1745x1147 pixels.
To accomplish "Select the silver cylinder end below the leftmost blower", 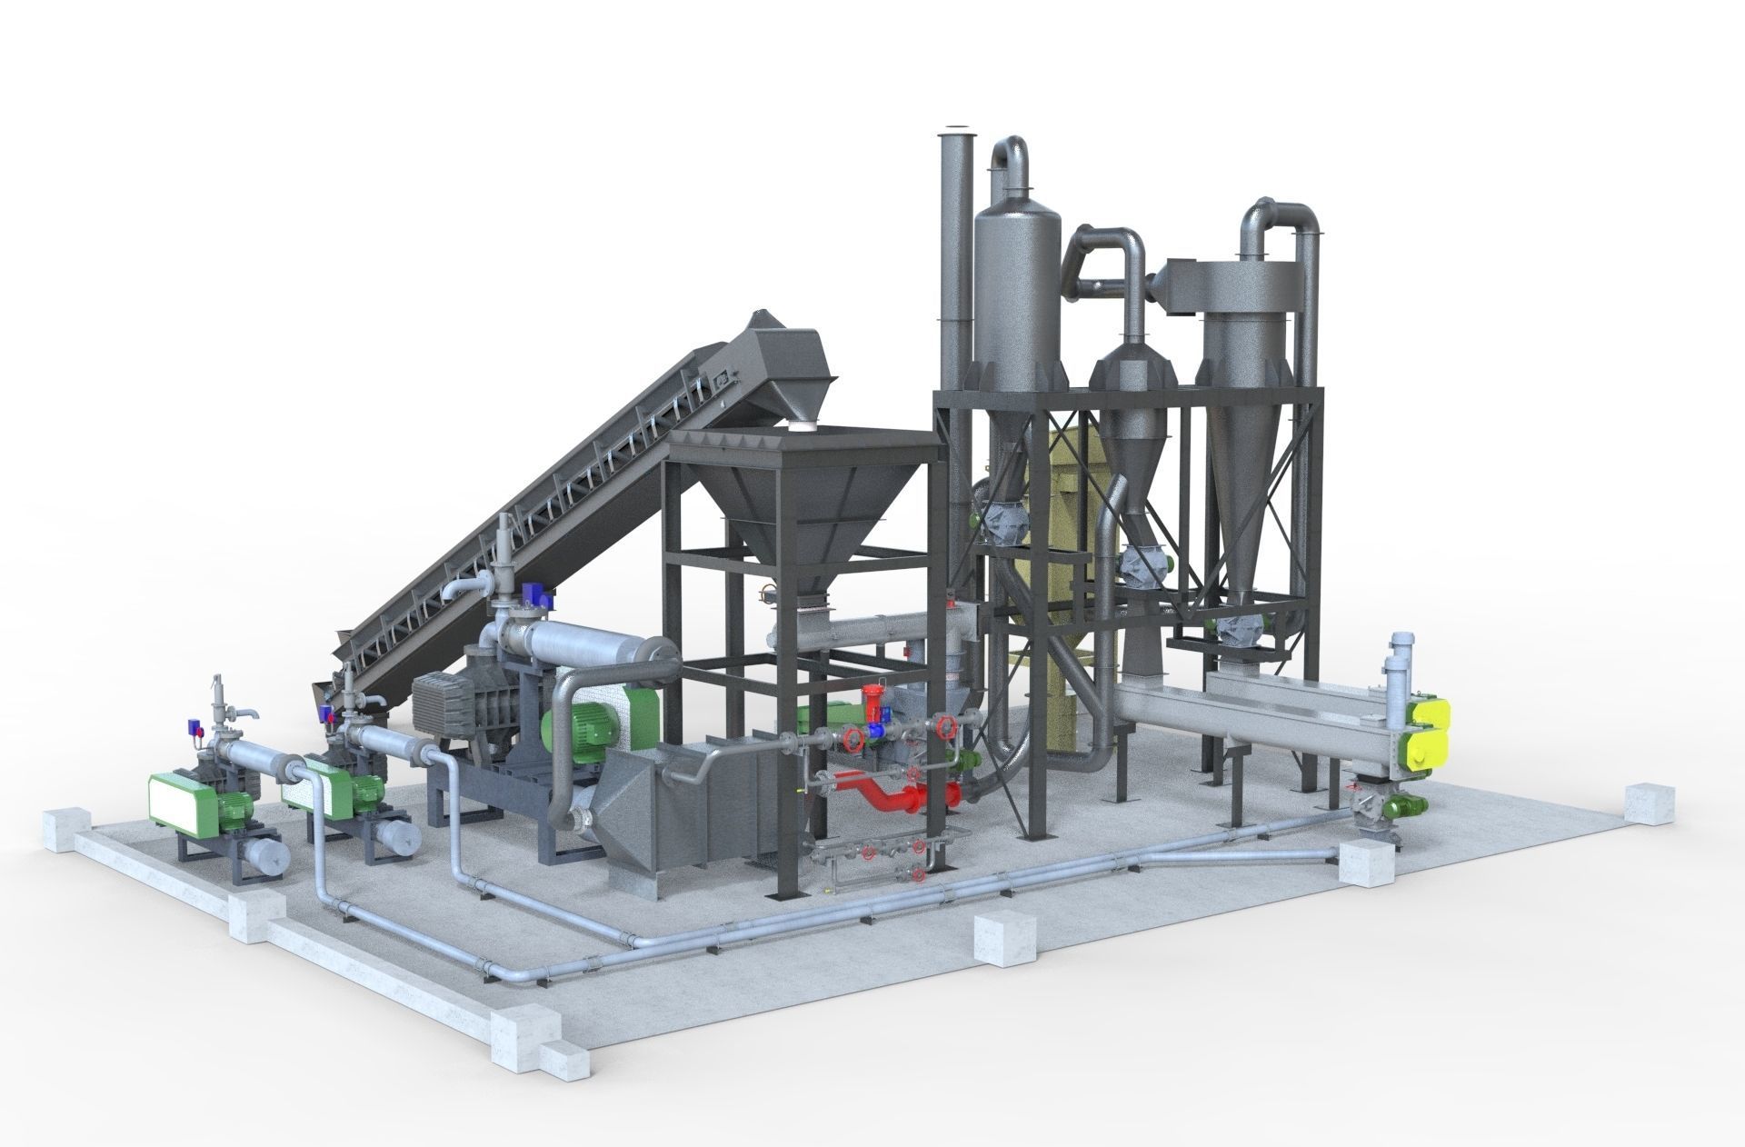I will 266,854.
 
